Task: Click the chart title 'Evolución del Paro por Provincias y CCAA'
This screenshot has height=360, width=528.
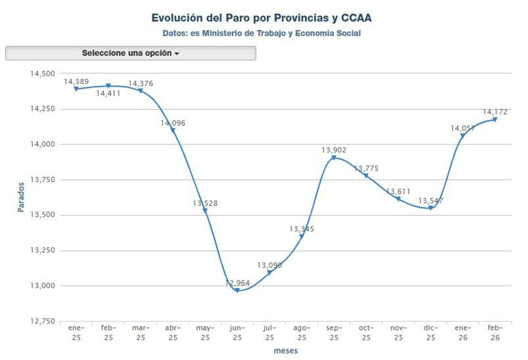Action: [x=261, y=18]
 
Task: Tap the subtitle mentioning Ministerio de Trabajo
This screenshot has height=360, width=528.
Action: [x=261, y=33]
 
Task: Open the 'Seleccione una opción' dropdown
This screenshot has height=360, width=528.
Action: [x=130, y=53]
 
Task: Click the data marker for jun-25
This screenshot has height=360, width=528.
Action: [x=237, y=290]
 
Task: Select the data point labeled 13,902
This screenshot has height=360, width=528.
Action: [x=334, y=158]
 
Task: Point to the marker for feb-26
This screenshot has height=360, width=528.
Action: [x=495, y=120]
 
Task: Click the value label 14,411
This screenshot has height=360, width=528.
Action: [x=108, y=94]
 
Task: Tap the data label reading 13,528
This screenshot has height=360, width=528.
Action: [x=205, y=203]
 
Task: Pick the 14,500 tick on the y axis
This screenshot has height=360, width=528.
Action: [x=43, y=74]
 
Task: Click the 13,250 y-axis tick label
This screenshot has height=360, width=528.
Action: [x=43, y=250]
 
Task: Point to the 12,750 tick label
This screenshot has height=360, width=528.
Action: [x=43, y=321]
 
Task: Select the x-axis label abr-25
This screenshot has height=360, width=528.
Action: [x=173, y=333]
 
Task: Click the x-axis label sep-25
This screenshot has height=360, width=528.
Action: [x=334, y=333]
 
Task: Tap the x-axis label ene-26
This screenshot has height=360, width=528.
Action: [x=463, y=333]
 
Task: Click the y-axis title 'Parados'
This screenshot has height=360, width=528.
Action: [x=21, y=197]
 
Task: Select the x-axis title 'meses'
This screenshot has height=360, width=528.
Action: [x=286, y=351]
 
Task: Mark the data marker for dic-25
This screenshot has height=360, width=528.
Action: [x=430, y=208]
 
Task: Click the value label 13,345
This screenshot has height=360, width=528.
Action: [x=302, y=229]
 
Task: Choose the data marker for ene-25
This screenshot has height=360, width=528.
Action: [x=76, y=89]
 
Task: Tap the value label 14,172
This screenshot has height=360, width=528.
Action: [x=495, y=112]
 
